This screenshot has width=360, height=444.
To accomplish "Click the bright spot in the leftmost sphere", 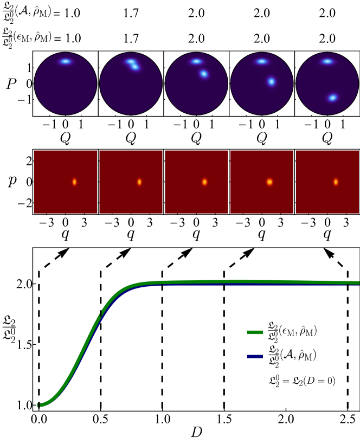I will pyautogui.click(x=65, y=61).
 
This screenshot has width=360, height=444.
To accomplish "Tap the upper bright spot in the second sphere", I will pyautogui.click(x=130, y=61).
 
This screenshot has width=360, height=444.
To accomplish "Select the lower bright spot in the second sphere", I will pyautogui.click(x=135, y=67).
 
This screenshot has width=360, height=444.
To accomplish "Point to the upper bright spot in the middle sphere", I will pyautogui.click(x=196, y=61).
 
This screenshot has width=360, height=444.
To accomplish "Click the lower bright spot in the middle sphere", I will pyautogui.click(x=204, y=74).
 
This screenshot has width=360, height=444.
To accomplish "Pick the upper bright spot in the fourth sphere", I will pyautogui.click(x=261, y=61).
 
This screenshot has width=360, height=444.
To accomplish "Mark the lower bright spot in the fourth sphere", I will pyautogui.click(x=271, y=81).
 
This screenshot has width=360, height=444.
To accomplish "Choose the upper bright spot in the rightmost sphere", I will pyautogui.click(x=327, y=61).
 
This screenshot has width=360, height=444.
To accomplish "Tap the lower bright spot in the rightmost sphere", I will pyautogui.click(x=332, y=98).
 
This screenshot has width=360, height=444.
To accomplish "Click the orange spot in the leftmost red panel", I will pyautogui.click(x=74, y=182).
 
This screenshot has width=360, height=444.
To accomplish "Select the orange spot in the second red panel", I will pyautogui.click(x=139, y=182).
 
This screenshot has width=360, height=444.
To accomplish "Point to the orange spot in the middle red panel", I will pyautogui.click(x=204, y=182).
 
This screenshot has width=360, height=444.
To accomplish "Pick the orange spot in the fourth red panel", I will pyautogui.click(x=269, y=182).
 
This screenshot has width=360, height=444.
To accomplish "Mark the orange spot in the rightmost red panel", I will pyautogui.click(x=336, y=182).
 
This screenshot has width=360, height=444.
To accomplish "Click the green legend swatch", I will pyautogui.click(x=255, y=332).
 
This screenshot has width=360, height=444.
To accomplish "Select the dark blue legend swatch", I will pyautogui.click(x=255, y=357).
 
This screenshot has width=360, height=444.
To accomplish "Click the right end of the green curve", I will pyautogui.click(x=358, y=282).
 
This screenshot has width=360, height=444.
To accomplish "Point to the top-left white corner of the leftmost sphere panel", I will pyautogui.click(x=36, y=54).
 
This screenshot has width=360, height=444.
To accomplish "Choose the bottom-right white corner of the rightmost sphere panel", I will pyautogui.click(x=357, y=113).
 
